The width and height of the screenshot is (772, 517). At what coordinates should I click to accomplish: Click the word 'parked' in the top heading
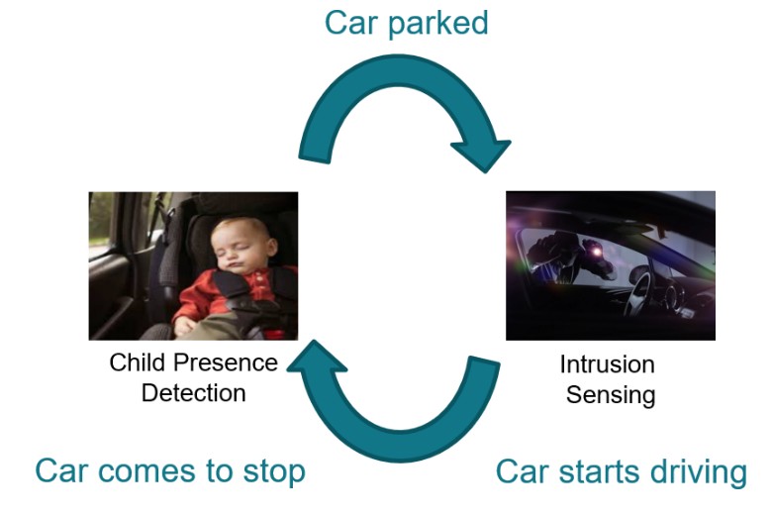(x=438, y=24)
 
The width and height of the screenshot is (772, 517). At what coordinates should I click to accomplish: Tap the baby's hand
(x=185, y=326)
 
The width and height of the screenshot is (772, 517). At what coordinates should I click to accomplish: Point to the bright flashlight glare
(x=597, y=252)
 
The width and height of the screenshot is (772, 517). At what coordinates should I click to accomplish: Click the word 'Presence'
(x=226, y=362)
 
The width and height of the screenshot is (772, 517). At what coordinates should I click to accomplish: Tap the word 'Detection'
(x=193, y=393)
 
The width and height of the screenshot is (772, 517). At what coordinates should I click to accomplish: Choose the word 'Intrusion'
(x=607, y=364)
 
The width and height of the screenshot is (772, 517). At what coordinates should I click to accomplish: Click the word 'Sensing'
(x=611, y=396)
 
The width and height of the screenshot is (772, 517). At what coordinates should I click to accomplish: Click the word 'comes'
(x=146, y=471)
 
